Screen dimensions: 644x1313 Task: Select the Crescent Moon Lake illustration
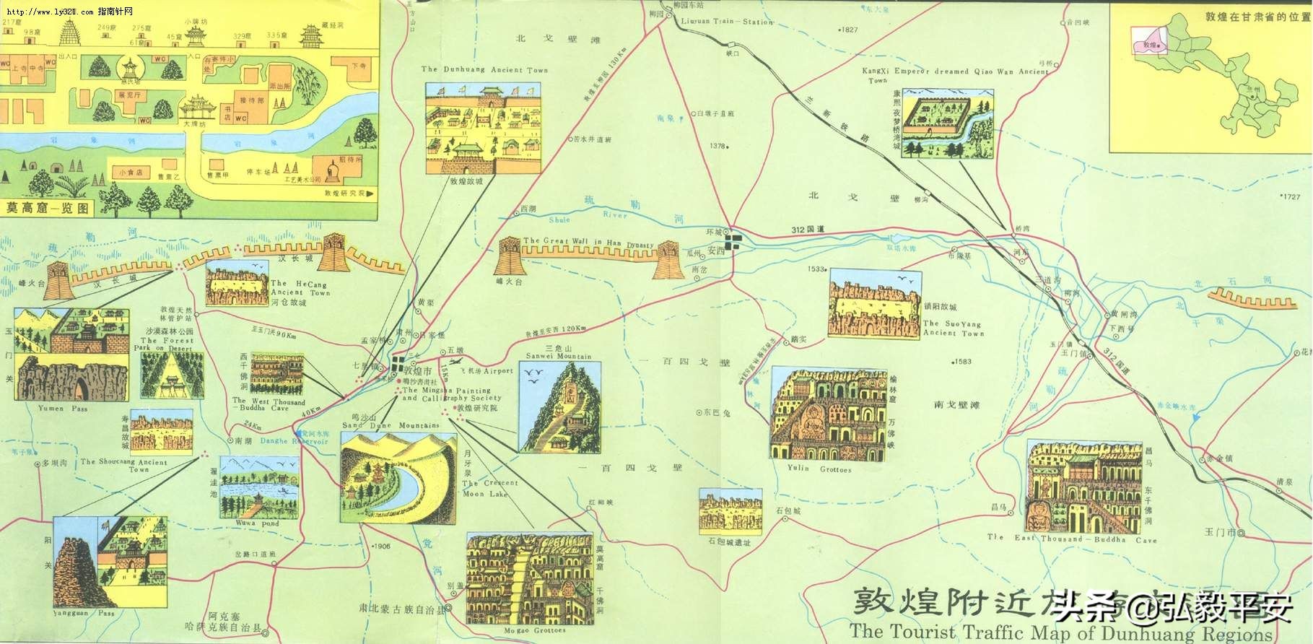point(398,476)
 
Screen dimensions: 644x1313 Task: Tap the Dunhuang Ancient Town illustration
point(482,128)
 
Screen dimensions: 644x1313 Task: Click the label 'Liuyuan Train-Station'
point(727,22)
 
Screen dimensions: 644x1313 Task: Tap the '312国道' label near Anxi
point(807,230)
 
